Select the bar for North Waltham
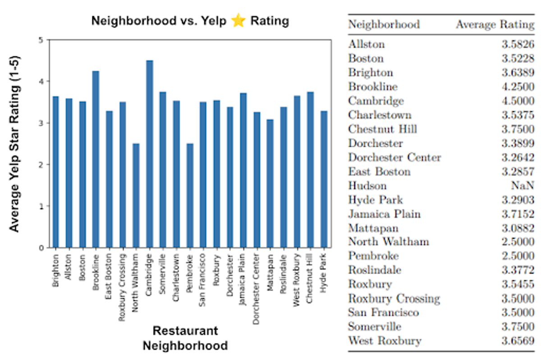136,196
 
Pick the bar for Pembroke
190,196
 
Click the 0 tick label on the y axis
43,248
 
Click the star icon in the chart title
238,21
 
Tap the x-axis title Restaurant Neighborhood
185,338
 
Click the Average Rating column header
495,24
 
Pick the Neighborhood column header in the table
384,24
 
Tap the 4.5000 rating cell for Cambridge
518,101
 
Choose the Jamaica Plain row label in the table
384,214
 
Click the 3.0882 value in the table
518,228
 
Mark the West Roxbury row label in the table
385,341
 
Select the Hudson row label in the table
367,186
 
